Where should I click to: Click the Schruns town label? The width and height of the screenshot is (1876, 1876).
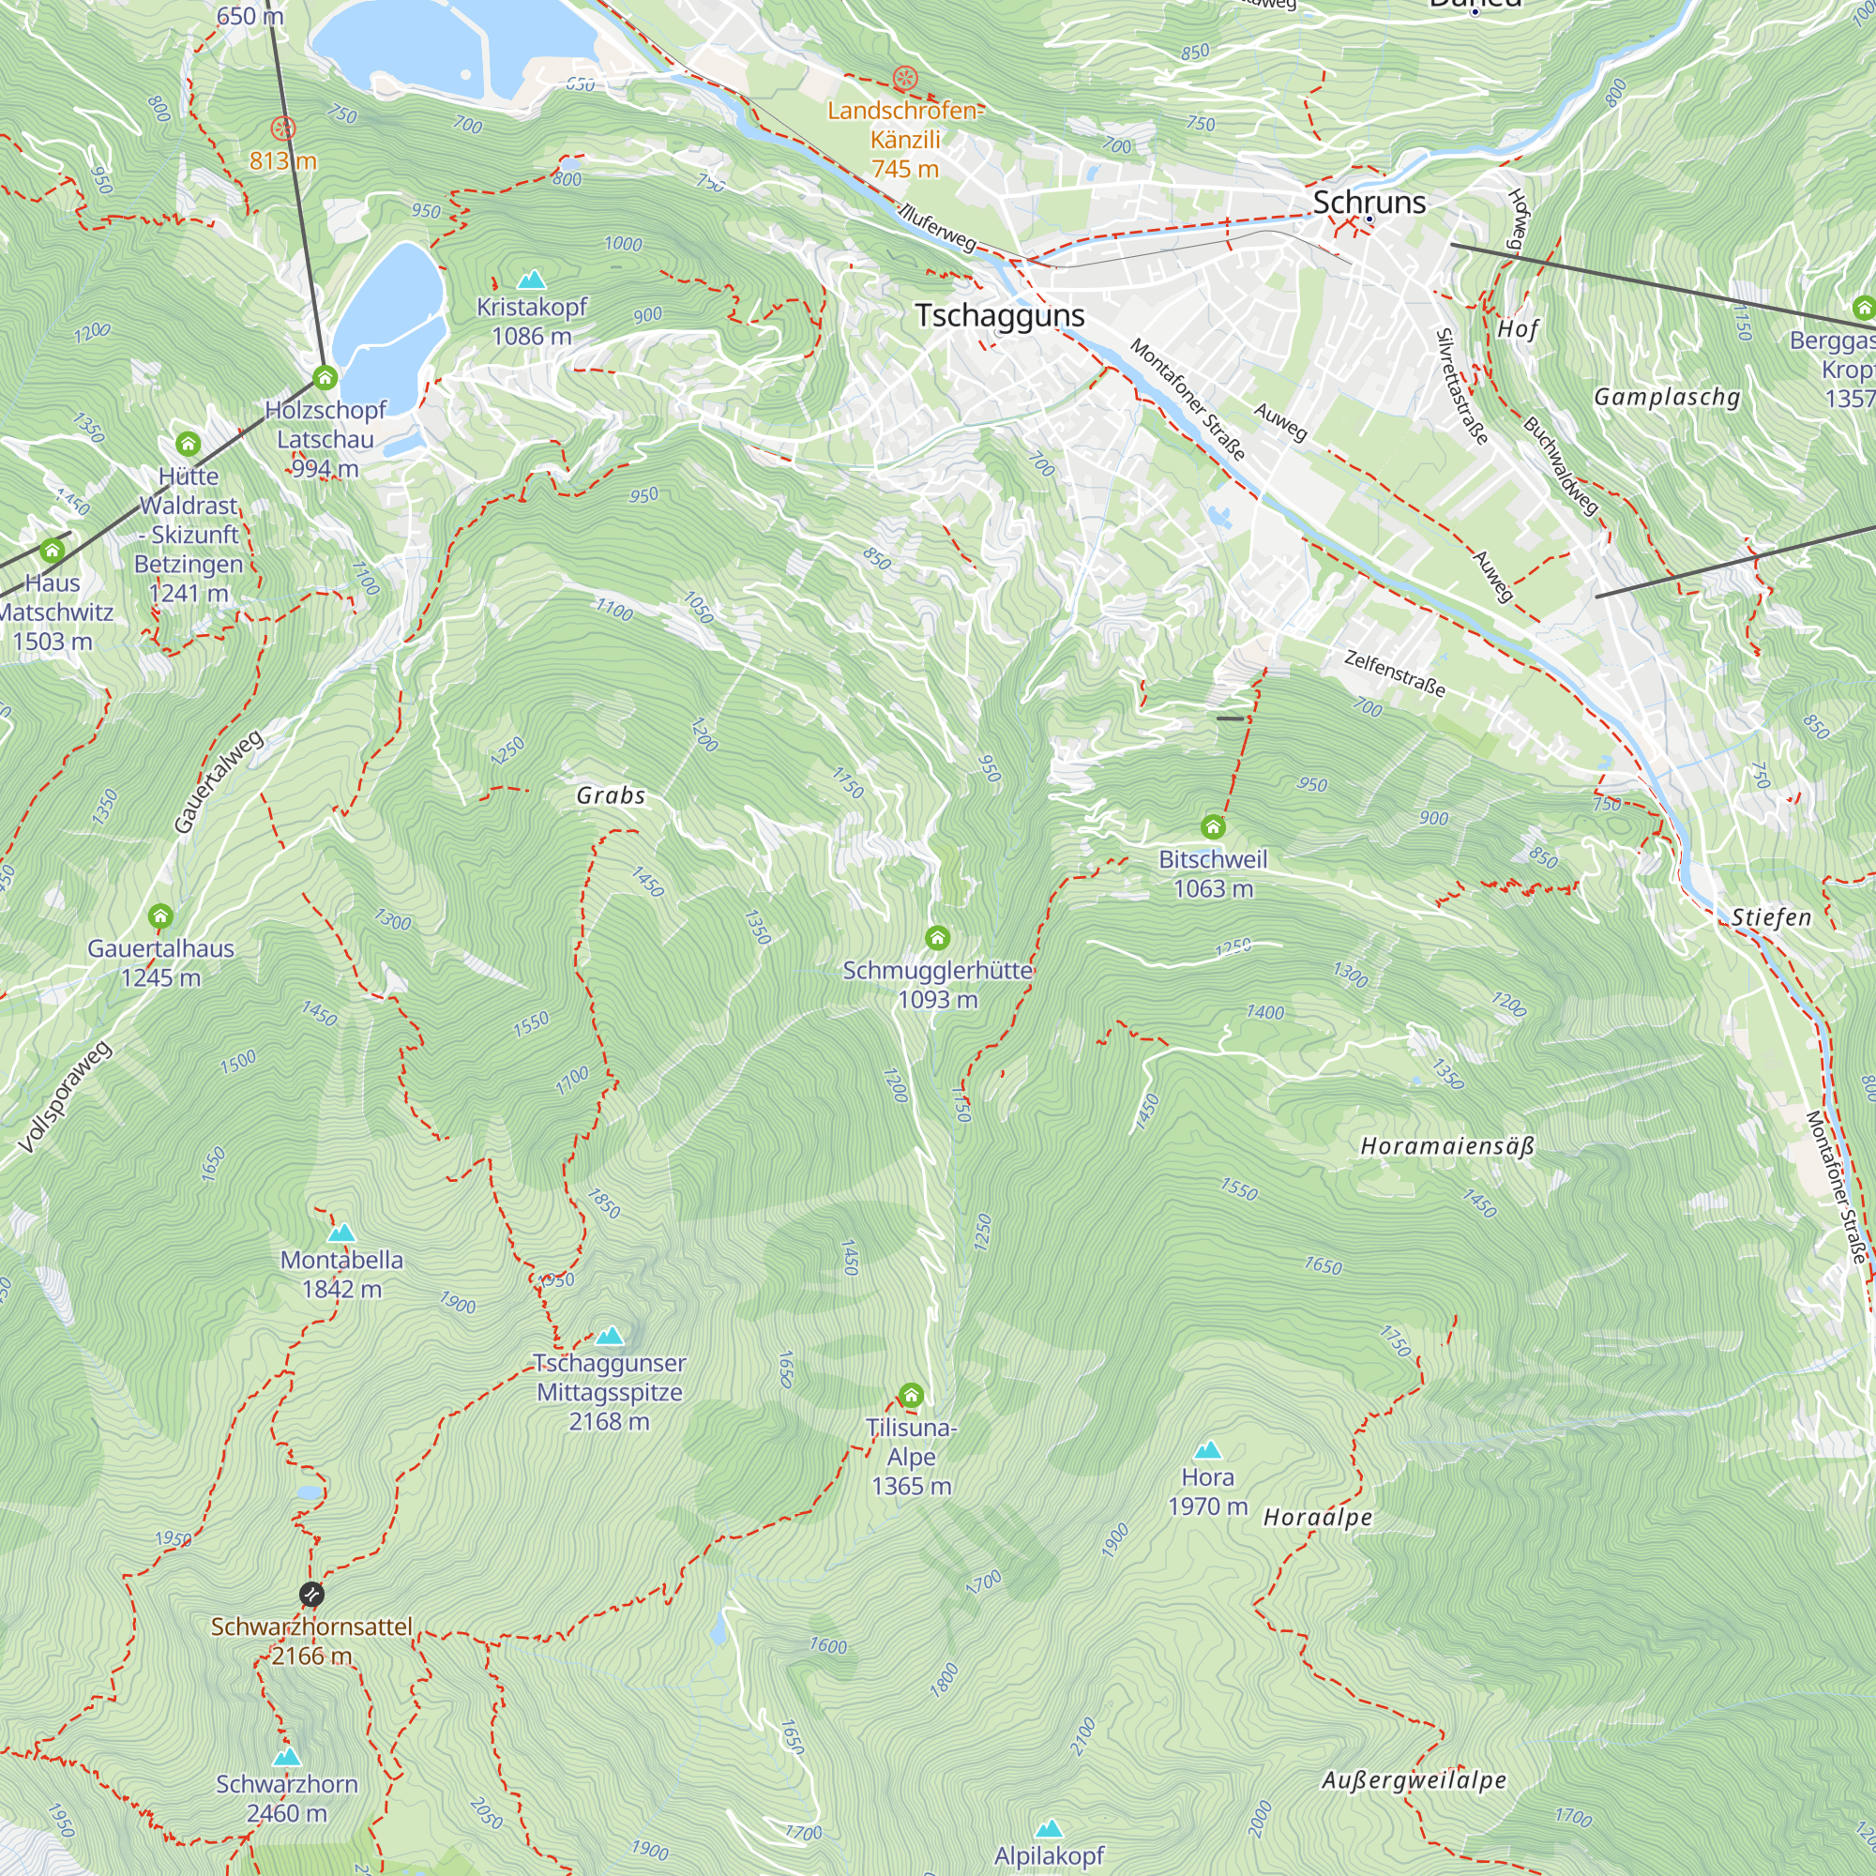[1369, 202]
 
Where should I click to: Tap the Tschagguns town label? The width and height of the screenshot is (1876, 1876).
[1000, 315]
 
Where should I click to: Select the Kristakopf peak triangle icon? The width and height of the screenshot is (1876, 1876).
[531, 280]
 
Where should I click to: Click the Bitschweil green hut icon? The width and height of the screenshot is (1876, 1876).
[1213, 827]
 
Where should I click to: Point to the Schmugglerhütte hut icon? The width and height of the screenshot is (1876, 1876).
[937, 938]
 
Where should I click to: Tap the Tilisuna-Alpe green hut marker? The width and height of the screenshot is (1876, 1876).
[911, 1397]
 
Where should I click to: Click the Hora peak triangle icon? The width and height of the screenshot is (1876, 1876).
[1208, 1451]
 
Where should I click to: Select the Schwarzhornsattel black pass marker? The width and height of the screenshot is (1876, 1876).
[311, 1595]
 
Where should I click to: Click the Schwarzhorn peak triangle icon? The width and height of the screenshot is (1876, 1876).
[286, 1758]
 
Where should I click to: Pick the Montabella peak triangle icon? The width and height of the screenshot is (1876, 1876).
[340, 1234]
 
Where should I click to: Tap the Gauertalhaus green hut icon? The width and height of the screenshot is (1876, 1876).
[160, 916]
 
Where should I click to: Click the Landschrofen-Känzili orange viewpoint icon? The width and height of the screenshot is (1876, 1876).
[905, 78]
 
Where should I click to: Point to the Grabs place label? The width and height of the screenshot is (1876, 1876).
[611, 796]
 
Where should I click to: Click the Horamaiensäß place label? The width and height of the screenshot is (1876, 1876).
[1446, 1147]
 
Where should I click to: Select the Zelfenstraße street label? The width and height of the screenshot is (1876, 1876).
[1395, 673]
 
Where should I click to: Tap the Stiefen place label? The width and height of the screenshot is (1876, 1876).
[1771, 917]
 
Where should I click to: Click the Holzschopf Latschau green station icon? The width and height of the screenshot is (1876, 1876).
[325, 377]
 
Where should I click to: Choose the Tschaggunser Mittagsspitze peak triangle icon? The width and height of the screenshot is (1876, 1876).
[610, 1336]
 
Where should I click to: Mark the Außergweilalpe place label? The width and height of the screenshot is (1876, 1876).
[1414, 1781]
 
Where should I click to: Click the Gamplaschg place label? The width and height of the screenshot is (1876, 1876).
[1667, 397]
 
